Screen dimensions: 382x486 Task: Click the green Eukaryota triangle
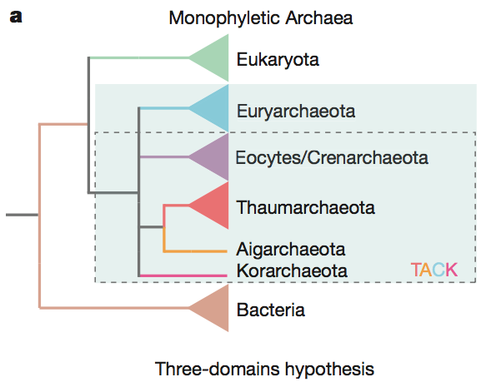pos(213,58)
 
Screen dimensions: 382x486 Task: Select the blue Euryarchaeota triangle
pos(213,108)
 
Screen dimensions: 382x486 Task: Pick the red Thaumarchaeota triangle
pos(213,206)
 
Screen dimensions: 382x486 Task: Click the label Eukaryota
pos(278,60)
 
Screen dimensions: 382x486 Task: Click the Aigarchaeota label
pos(291,249)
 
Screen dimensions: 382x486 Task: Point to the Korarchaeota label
pos(292,270)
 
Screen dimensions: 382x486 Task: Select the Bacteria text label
pos(270,311)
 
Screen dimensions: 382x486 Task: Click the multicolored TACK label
pos(433,270)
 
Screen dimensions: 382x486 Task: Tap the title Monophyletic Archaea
pos(260,17)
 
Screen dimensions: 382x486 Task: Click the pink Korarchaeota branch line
pos(183,275)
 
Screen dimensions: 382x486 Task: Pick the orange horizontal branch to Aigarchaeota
pos(196,251)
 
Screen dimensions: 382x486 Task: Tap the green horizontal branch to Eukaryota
pos(138,58)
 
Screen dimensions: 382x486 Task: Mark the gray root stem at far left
pos(21,216)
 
